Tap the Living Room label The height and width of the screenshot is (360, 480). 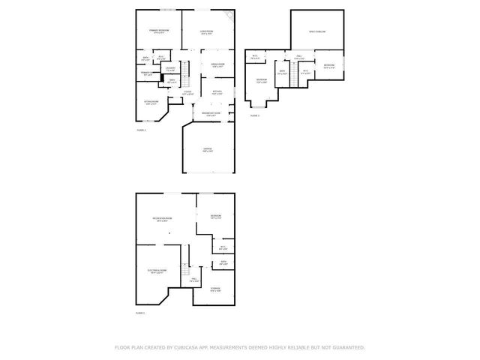208,31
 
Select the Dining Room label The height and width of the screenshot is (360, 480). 219,65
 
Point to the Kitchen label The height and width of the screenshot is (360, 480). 217,92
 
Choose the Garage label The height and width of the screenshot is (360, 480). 207,150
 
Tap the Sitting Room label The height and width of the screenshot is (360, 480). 151,103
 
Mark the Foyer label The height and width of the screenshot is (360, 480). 187,93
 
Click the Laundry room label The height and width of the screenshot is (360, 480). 171,69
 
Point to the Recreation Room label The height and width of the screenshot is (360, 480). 163,219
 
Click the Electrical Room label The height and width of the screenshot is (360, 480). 157,271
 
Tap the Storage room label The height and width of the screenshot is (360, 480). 215,290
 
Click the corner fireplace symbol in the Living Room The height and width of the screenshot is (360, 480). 231,14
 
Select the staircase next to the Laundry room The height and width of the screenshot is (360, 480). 188,70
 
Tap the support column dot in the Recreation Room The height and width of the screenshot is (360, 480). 170,232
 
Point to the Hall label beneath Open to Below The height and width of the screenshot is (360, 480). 298,57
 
